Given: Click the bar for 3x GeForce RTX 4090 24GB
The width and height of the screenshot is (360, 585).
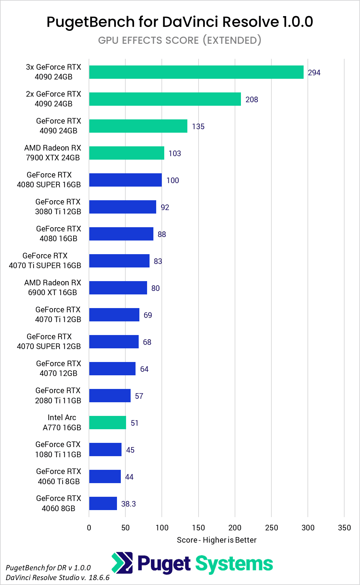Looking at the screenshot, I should [x=196, y=72].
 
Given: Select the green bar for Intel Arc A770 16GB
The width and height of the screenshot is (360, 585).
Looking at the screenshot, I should [x=108, y=423].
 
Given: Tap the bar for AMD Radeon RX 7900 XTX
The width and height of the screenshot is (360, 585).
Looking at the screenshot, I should [x=126, y=153].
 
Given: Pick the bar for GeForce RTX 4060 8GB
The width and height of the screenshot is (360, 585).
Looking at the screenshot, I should [x=103, y=503].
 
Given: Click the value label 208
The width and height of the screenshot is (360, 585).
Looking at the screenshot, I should [x=251, y=99].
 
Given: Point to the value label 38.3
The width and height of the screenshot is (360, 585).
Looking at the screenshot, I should [x=128, y=504].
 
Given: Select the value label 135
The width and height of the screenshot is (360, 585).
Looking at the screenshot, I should [x=198, y=126].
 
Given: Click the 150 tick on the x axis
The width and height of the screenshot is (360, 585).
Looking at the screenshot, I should [x=198, y=528].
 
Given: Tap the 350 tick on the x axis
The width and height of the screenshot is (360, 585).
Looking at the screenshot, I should [x=344, y=528].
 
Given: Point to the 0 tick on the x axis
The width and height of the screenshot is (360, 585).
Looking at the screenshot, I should [x=89, y=528].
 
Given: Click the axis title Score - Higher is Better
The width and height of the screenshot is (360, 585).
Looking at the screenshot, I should [x=216, y=540].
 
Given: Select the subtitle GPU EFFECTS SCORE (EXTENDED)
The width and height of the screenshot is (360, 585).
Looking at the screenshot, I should [x=180, y=40].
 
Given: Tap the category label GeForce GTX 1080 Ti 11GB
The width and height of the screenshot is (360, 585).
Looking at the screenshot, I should [x=58, y=450].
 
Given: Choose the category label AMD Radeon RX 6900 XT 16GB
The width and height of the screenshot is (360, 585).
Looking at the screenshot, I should [x=53, y=287].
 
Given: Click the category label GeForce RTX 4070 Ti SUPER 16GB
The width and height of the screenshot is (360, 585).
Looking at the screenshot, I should [x=45, y=260].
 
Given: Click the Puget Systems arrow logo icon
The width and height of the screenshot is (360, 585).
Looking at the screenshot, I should [x=122, y=563].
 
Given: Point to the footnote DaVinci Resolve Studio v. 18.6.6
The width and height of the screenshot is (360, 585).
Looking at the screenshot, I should [x=57, y=577].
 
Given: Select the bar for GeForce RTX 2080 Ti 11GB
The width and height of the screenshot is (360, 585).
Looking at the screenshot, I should [x=110, y=396].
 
